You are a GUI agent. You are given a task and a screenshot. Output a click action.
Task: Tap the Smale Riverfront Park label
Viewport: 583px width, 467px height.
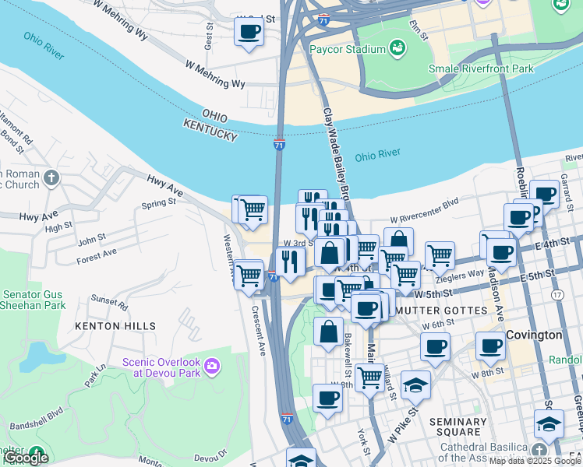(481, 68)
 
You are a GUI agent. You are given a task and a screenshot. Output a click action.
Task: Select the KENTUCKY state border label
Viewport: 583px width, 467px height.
(210, 130)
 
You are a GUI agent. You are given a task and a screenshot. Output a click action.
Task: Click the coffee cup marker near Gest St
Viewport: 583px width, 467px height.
(249, 33)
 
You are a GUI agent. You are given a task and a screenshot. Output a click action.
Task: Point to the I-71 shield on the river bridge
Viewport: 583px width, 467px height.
(279, 145)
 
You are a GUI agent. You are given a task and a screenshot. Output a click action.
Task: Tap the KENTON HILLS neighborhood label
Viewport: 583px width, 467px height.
(115, 326)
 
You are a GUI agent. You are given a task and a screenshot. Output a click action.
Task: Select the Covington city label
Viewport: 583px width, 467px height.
(534, 335)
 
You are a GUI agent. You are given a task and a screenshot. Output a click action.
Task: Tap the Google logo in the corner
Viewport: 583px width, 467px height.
(26, 458)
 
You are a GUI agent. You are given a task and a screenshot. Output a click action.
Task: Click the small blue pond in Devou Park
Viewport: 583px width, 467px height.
(34, 356)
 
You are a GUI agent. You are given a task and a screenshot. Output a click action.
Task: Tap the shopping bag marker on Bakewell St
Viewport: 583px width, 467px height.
(328, 330)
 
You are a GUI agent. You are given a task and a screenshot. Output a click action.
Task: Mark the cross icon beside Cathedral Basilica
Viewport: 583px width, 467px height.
(539, 451)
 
